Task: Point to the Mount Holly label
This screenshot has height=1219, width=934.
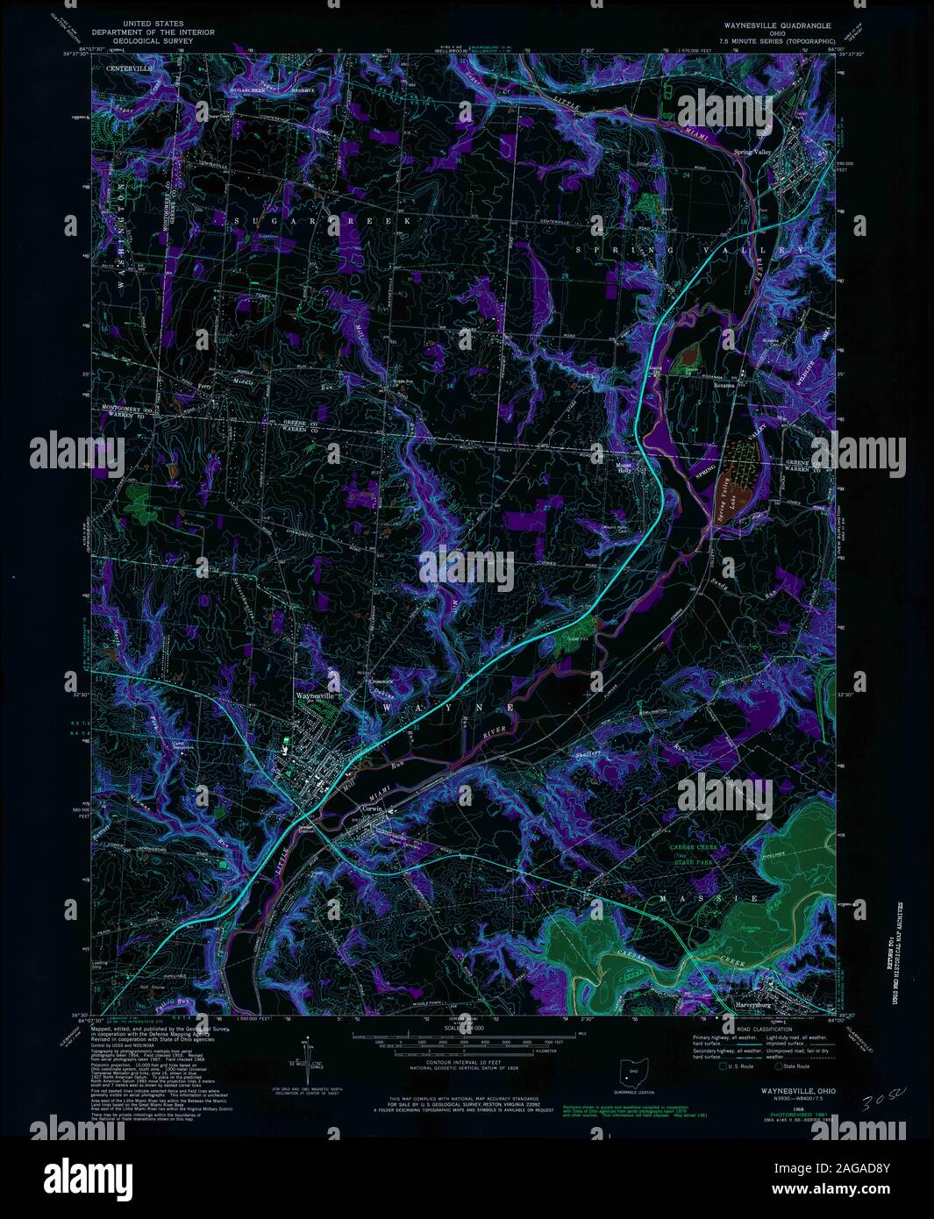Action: click(624, 467)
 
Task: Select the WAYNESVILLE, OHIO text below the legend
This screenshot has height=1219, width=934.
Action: click(773, 1090)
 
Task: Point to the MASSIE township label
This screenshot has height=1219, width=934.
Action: click(702, 900)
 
